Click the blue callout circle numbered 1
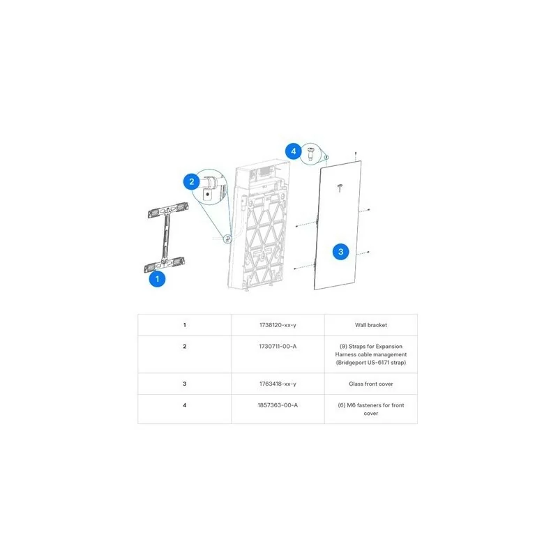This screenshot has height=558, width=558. coord(158,279)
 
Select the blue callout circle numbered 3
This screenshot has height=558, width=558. coord(340,252)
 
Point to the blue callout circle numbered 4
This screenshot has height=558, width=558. coord(294,151)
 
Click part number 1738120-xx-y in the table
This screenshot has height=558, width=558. coord(278,324)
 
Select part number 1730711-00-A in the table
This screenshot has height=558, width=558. coord(278,346)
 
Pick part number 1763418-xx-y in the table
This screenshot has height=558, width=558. coord(278,384)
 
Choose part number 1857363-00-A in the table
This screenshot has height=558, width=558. coord(278,405)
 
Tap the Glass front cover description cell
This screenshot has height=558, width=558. coord(371,384)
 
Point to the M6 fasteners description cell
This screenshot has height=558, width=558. coord(371,409)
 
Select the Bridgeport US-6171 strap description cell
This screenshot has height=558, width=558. coord(371,354)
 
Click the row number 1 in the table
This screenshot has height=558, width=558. coord(184,324)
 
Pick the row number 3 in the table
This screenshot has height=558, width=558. coord(184,384)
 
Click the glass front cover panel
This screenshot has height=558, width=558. coord(340,216)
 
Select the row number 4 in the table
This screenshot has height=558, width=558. coord(184,405)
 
